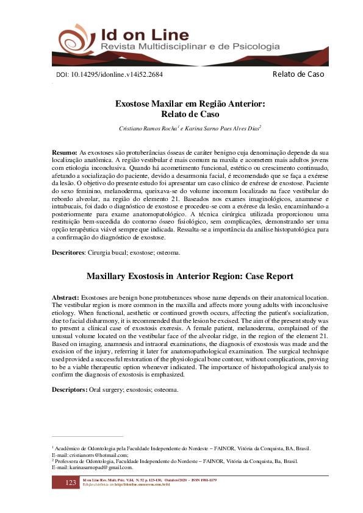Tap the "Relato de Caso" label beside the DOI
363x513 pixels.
pyautogui.click(x=298, y=74)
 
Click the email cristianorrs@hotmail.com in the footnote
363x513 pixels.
pyautogui.click(x=98, y=455)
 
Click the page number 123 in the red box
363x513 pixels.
pyautogui.click(x=70, y=483)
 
